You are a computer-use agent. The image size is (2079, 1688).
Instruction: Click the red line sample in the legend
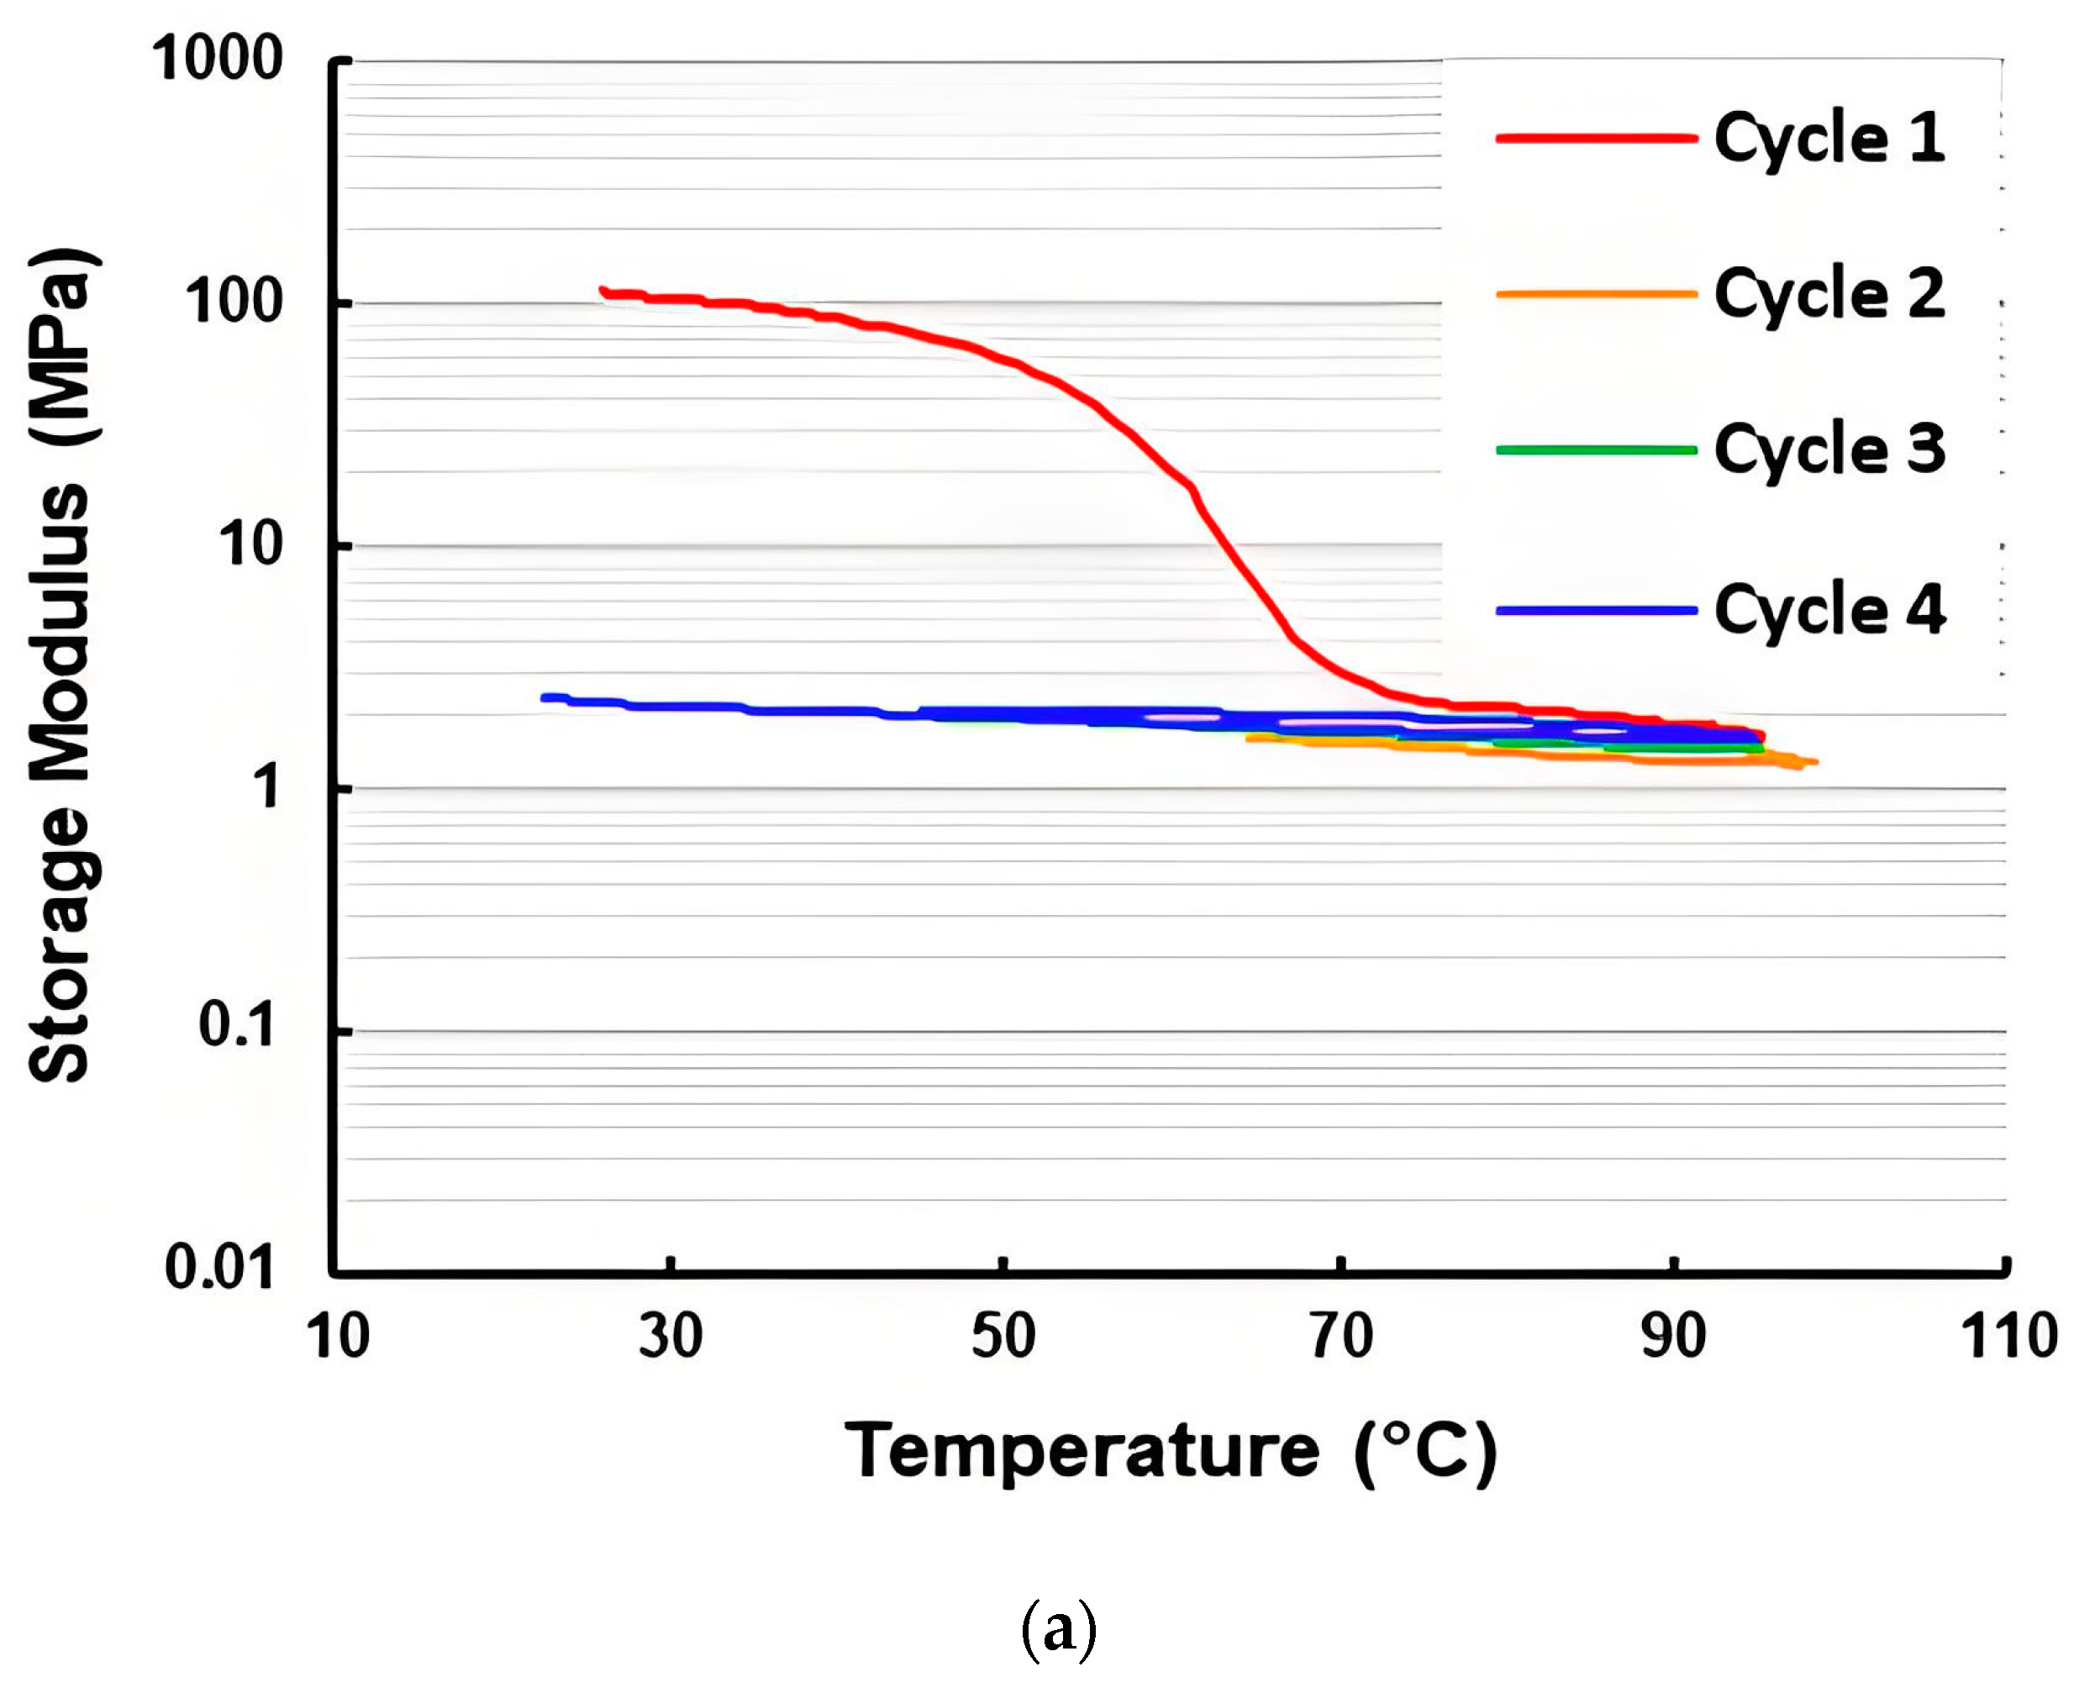pos(1596,138)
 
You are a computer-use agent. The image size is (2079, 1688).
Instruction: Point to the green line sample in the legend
pos(1596,450)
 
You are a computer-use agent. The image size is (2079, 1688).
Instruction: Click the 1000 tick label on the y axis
pos(217,58)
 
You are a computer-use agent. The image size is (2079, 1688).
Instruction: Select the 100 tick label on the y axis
pos(234,302)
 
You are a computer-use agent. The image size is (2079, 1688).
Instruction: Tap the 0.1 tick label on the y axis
pos(236,1025)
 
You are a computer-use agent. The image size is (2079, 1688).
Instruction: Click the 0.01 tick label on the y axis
pos(220,1268)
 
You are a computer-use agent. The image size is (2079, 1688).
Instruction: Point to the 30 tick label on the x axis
pos(670,1336)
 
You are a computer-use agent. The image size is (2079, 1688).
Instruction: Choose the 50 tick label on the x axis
pos(1003,1336)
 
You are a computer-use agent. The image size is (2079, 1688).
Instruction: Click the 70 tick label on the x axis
pos(1340,1336)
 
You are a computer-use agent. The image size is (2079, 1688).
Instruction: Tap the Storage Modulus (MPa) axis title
pos(61,665)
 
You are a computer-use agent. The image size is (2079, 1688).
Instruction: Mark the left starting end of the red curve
pos(603,291)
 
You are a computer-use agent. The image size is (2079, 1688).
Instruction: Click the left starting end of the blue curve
pos(545,697)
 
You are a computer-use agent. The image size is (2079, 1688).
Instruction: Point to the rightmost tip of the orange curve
pos(1814,762)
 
